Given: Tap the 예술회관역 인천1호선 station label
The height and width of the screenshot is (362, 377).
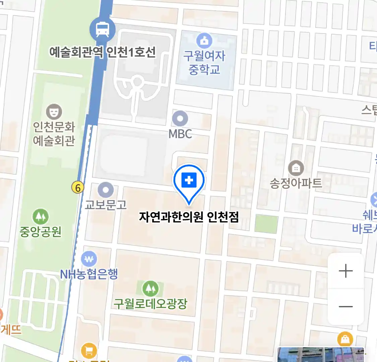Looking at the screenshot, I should [x=103, y=52].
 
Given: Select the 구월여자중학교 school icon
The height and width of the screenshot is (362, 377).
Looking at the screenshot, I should [x=204, y=41].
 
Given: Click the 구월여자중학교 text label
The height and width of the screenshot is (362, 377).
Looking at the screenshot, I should [x=204, y=63].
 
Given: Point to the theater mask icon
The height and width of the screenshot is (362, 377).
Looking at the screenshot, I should [x=54, y=111].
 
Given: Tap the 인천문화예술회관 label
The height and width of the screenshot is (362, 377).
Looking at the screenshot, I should [x=54, y=134].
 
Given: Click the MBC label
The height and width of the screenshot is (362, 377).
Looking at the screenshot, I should [x=180, y=134].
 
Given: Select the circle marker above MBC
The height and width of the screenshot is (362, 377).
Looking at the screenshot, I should [x=180, y=119].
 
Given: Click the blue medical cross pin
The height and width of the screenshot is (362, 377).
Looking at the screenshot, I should [x=189, y=181].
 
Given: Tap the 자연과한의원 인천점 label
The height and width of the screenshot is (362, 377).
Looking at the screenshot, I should [x=189, y=217].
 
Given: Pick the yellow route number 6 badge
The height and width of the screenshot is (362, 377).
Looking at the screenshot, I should [x=78, y=188].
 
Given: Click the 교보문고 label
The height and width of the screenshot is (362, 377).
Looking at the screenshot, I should [x=106, y=204].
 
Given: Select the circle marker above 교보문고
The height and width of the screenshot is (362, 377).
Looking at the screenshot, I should [x=106, y=190].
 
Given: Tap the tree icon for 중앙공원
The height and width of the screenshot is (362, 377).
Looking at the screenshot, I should [x=41, y=217].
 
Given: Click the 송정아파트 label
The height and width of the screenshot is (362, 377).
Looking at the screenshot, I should [x=296, y=183].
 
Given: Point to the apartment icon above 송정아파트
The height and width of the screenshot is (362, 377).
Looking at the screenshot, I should [x=296, y=168].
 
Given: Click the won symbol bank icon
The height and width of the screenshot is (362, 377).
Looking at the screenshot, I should [x=89, y=259].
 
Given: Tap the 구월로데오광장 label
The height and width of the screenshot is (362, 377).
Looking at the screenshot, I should [x=150, y=304].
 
